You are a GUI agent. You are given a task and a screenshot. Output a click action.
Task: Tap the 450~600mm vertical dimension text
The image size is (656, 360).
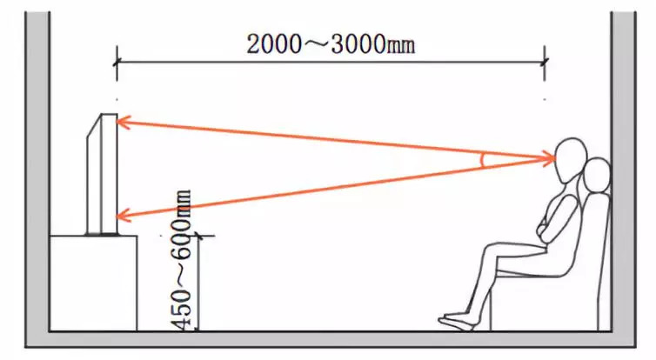184,260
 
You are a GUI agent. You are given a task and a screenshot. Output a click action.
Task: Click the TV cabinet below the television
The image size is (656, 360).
93,282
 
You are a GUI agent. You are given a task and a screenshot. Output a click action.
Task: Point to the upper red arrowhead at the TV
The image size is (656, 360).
123,123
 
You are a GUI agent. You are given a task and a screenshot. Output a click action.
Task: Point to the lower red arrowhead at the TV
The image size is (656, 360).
123,215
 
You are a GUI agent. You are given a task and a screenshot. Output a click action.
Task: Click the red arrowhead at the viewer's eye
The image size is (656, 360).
549,157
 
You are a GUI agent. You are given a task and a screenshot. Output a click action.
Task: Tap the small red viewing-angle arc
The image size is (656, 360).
485,159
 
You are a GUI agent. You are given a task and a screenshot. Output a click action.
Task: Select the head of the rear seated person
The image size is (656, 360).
597,176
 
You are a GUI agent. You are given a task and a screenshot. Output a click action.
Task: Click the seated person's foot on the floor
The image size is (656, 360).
457,322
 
